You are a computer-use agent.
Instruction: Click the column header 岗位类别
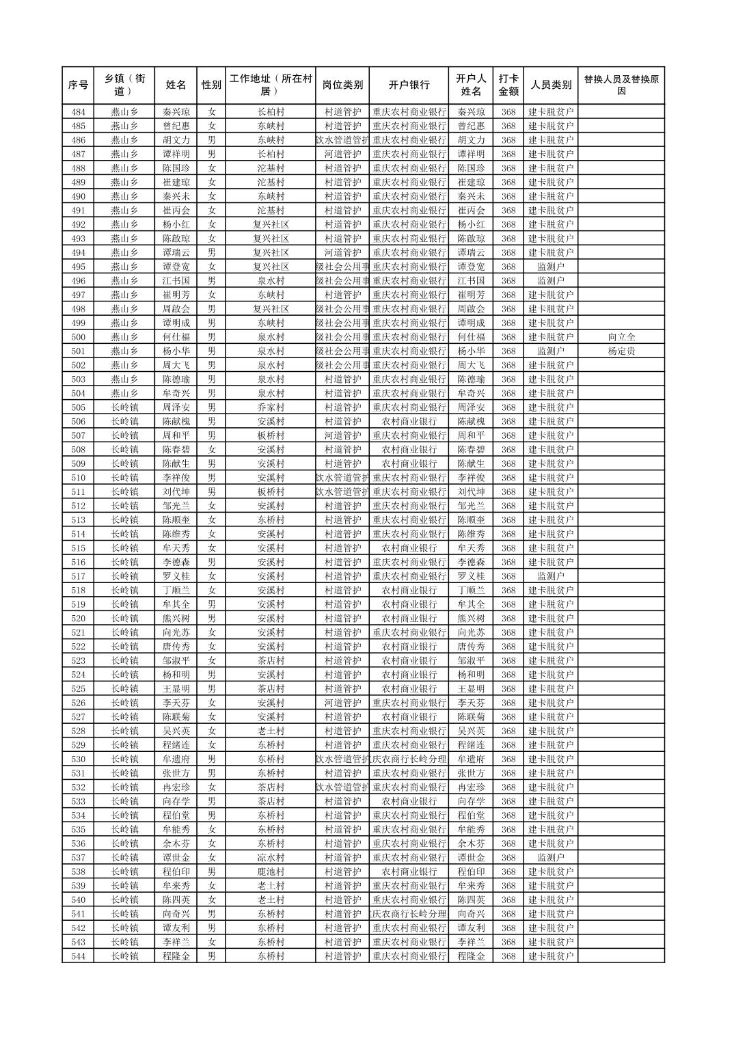342,85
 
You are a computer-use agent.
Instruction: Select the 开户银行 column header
409,85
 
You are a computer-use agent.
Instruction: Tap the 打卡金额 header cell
508,85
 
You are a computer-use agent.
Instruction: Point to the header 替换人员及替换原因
621,85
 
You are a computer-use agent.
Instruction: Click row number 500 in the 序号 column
78,337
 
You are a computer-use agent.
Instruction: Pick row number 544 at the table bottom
78,956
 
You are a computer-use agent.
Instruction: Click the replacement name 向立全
621,337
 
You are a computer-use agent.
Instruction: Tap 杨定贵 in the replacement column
621,351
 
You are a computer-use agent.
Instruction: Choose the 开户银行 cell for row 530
409,759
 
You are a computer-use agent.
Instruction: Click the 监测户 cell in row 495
550,267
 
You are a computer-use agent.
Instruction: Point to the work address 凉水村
271,858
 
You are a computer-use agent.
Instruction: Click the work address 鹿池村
271,872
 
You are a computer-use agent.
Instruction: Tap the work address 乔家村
271,407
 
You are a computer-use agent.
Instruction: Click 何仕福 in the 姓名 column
176,337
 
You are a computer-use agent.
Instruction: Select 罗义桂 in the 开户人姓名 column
471,576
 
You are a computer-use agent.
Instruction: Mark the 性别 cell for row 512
211,506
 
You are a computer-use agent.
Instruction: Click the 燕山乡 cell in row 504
124,393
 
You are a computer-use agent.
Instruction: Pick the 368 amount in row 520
508,619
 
